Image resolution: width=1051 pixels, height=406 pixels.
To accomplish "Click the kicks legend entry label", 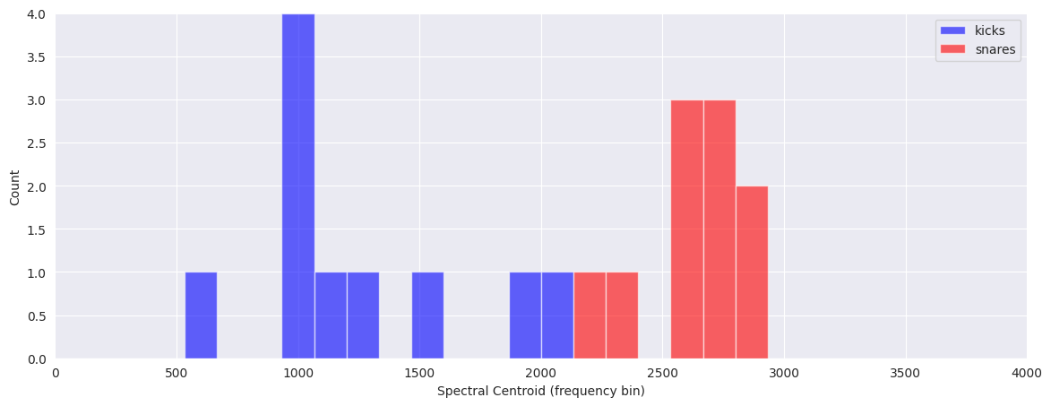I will (x=990, y=30).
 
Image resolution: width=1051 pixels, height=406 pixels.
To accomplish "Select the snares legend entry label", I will (x=995, y=50).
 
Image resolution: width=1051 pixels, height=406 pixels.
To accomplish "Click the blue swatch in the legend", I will (x=952, y=30).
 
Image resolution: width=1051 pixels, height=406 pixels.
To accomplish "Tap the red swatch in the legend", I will (x=952, y=50).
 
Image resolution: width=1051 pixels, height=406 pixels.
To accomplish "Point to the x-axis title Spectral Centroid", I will (x=540, y=392).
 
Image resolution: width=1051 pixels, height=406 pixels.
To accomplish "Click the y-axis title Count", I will (x=15, y=186).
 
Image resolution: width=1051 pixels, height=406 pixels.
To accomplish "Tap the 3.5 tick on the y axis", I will (x=36, y=57).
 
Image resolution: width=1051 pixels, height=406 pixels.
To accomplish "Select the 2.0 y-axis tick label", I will (x=36, y=186).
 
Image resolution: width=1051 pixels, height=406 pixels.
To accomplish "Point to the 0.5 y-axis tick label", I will (x=36, y=315).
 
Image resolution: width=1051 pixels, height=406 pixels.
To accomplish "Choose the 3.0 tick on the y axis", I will (x=36, y=100).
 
